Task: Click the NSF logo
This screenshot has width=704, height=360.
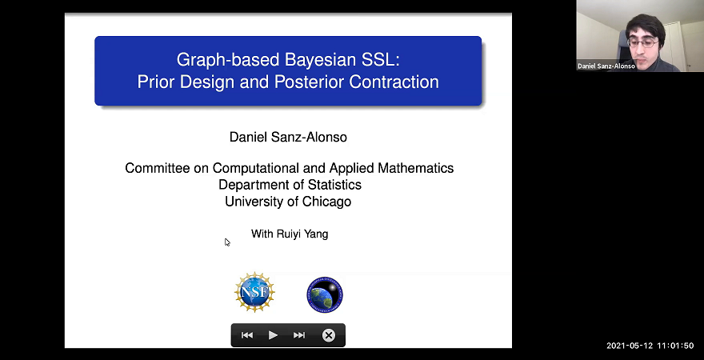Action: (254, 292)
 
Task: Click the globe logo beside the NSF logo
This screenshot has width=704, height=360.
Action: (325, 294)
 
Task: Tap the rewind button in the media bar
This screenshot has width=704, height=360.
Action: (247, 335)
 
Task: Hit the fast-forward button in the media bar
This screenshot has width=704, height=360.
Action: (299, 335)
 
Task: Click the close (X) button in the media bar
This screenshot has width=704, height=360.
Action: (328, 335)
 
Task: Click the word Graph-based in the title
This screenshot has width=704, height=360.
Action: (214, 59)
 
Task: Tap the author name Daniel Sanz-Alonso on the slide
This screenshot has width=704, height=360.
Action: (288, 137)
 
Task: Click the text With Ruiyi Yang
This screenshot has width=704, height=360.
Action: (290, 234)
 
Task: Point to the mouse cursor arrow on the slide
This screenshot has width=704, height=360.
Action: (226, 242)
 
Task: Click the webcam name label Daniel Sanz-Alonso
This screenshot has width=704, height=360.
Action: (606, 66)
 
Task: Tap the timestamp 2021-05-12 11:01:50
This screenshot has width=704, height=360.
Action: (650, 346)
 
